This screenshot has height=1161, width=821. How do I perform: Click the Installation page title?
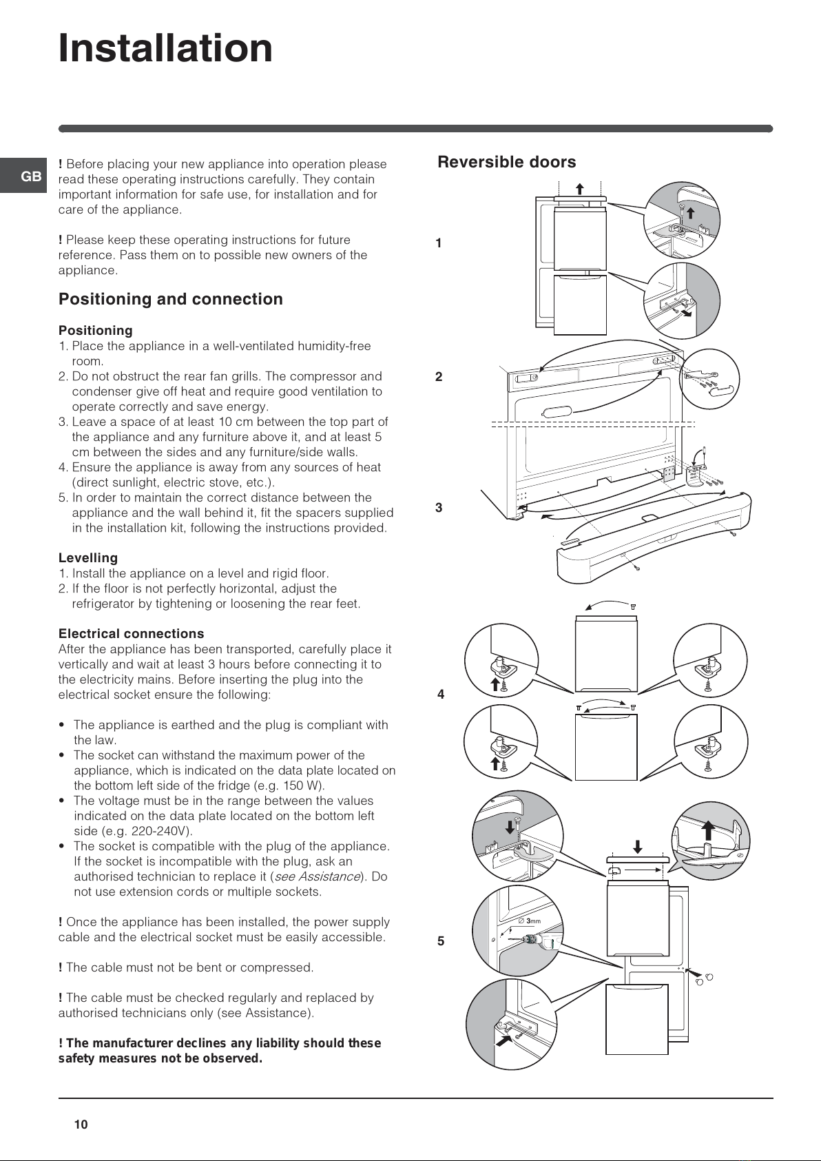[x=165, y=48]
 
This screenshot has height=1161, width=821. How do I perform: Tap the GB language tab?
[x=31, y=177]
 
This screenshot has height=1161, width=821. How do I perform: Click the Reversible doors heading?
[x=507, y=162]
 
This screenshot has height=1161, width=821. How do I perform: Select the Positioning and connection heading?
[x=170, y=299]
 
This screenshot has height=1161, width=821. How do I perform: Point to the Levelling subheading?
[x=88, y=557]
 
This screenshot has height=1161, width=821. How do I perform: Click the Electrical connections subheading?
[x=131, y=633]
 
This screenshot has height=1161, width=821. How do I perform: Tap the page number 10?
[x=81, y=1124]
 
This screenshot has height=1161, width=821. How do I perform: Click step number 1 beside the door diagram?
[x=439, y=243]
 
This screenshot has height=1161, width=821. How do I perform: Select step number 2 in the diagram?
[x=439, y=377]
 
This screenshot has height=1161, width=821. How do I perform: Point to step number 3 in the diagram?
[x=439, y=507]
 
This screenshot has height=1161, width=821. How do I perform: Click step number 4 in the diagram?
[x=441, y=694]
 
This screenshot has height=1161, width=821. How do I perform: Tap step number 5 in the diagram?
[x=441, y=941]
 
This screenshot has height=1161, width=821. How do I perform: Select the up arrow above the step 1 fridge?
[x=580, y=189]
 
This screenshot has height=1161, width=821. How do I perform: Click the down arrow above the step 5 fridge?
[x=638, y=847]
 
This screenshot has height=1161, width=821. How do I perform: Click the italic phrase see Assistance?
[x=317, y=876]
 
